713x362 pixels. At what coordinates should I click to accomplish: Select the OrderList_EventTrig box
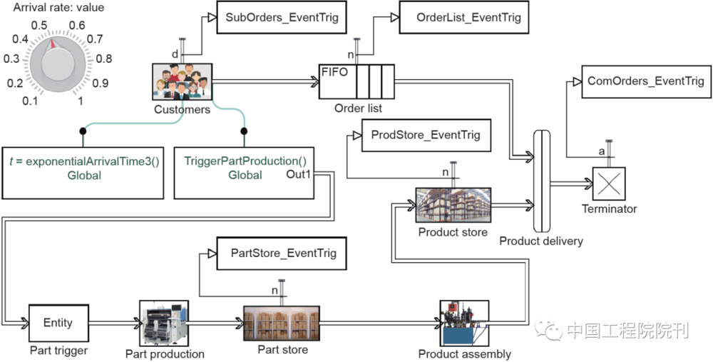[x=464, y=17]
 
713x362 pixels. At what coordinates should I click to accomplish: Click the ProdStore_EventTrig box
[x=426, y=135]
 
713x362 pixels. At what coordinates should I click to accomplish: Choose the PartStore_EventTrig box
[x=283, y=253]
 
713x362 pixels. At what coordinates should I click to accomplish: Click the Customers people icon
[x=183, y=81]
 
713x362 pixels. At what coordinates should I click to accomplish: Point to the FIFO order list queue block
[x=357, y=82]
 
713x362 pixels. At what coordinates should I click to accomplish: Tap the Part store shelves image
[x=282, y=323]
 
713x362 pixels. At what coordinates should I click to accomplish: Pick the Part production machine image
[x=163, y=323]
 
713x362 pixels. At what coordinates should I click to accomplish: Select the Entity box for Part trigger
[x=58, y=323]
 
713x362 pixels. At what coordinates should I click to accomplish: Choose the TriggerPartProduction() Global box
[x=245, y=169]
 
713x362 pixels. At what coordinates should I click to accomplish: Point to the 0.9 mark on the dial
[x=101, y=84]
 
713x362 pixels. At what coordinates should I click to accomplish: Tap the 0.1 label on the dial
[x=30, y=101]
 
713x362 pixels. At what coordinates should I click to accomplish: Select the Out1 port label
[x=299, y=175]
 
